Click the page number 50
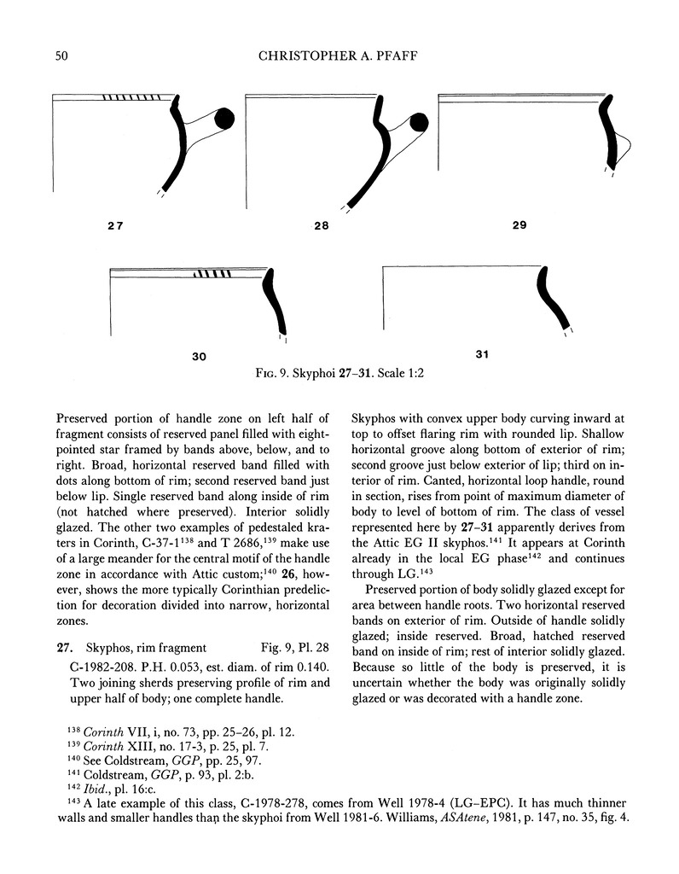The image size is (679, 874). (x=61, y=56)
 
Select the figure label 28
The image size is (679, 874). (x=324, y=228)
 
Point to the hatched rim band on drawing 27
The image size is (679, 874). (x=131, y=96)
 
